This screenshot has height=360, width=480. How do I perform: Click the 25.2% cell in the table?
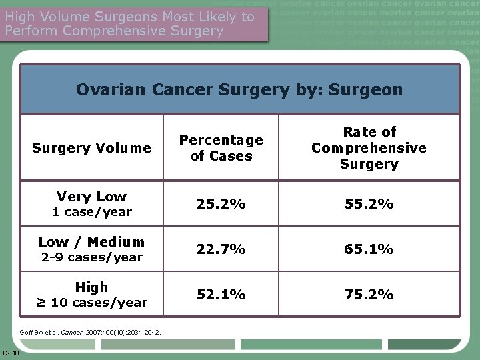tap(221, 204)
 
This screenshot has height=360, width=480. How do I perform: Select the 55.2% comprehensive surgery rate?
tap(369, 204)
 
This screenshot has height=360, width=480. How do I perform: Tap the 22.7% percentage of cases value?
tap(221, 249)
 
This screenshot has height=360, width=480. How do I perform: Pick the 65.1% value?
tap(369, 249)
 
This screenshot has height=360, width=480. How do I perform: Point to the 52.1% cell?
tap(221, 295)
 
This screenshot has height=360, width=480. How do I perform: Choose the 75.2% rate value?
tap(369, 295)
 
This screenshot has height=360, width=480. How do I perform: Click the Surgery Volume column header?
tap(92, 148)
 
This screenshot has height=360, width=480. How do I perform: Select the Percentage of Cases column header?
tap(221, 148)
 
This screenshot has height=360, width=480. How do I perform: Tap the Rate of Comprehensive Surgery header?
tap(369, 148)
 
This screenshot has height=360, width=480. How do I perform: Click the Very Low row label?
tap(92, 197)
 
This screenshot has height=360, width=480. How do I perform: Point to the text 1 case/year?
tap(92, 213)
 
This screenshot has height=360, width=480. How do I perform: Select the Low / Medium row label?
tap(92, 242)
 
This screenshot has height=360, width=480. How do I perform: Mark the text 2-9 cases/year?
tap(92, 257)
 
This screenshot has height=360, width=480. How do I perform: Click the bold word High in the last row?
tap(92, 287)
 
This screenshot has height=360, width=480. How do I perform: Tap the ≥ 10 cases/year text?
tap(92, 303)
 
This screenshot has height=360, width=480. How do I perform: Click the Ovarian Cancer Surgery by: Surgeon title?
tap(239, 89)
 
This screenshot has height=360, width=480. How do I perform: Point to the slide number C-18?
tap(11, 352)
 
